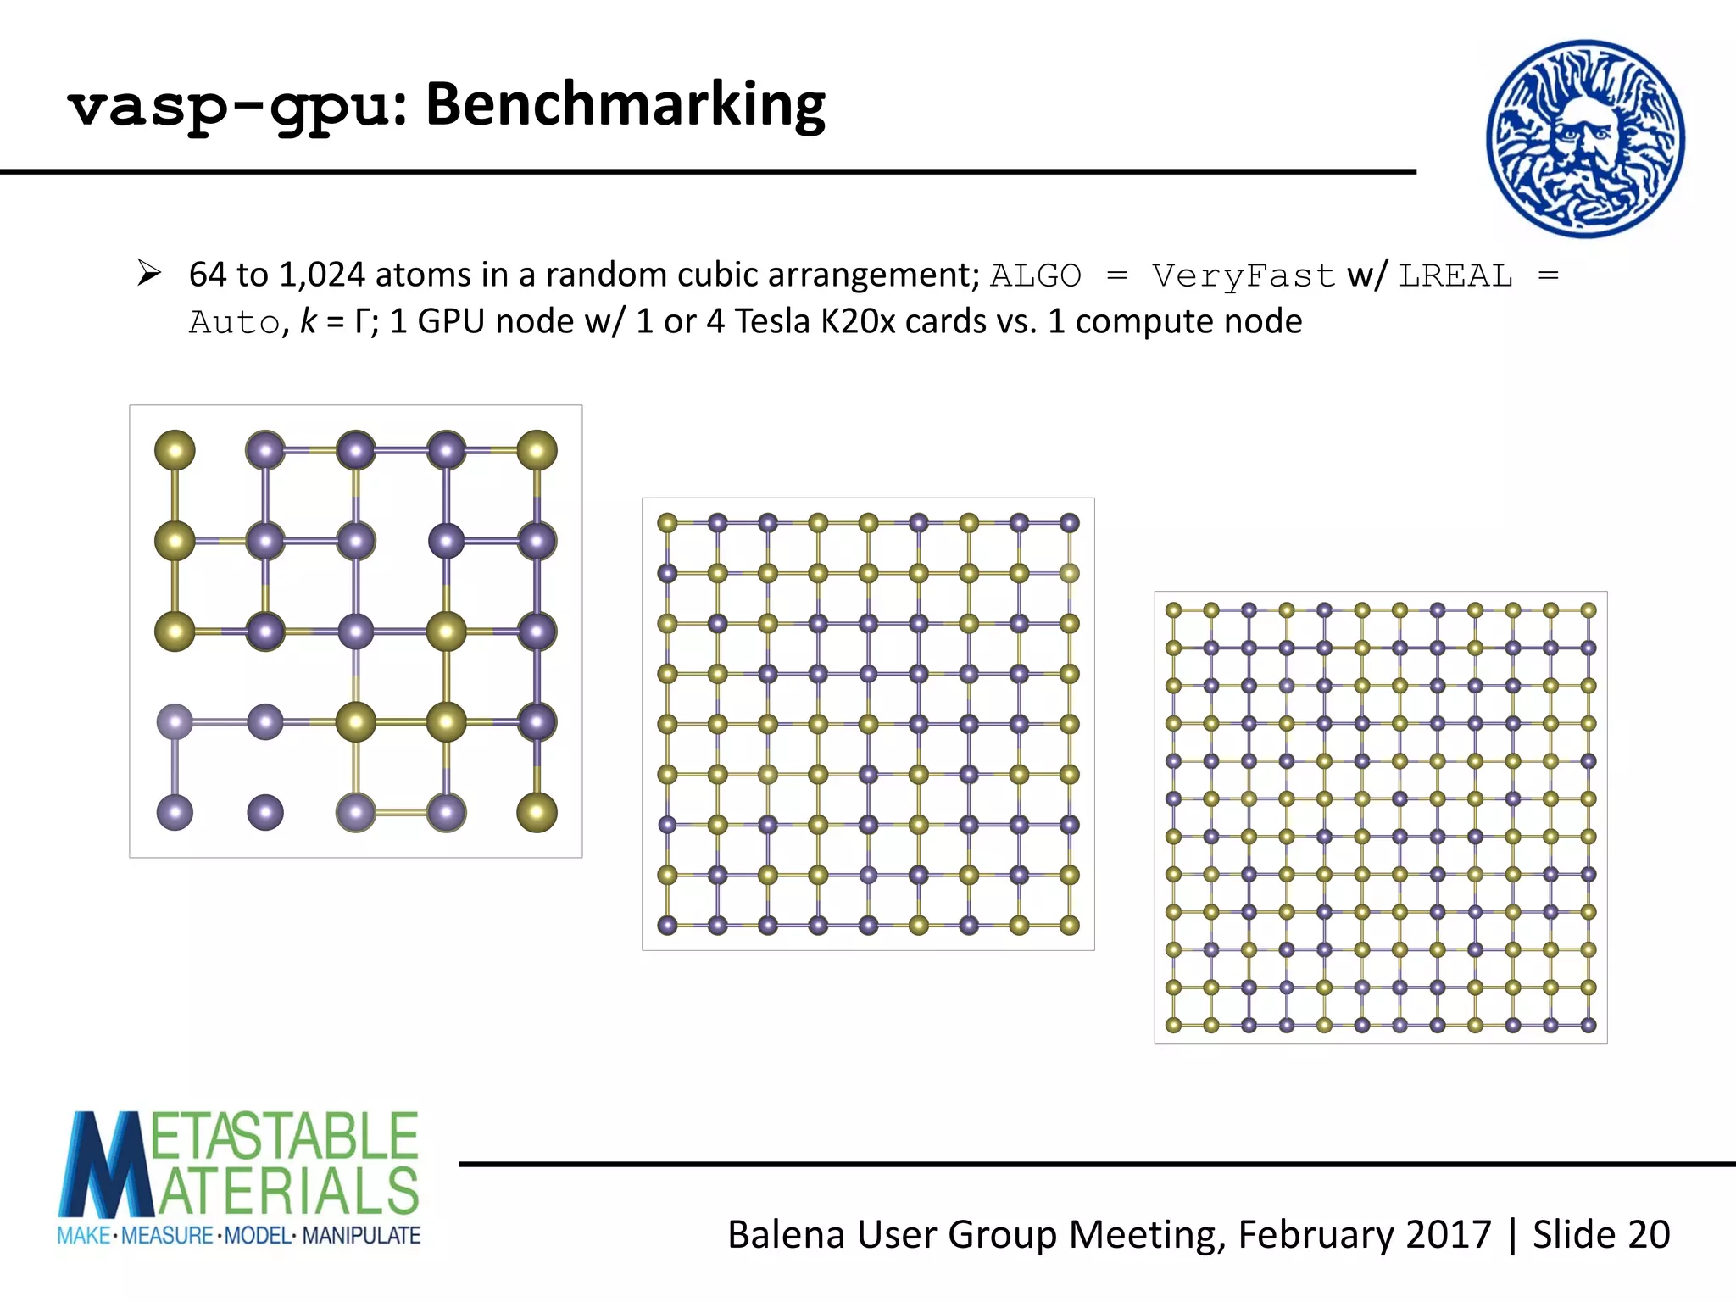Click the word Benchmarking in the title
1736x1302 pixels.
tap(625, 105)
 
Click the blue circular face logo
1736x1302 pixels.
tap(1585, 138)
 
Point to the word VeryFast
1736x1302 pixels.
tap(1243, 276)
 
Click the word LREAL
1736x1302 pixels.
tap(1455, 276)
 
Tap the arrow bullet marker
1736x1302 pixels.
tap(149, 274)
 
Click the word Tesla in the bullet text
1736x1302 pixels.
tap(772, 322)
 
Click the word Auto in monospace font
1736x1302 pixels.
tap(234, 323)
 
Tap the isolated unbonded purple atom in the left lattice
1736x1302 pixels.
tap(265, 812)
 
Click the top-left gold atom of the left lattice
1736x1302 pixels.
tap(175, 450)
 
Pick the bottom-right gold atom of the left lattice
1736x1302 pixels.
tap(537, 812)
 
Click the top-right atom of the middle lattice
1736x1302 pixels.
tap(1070, 523)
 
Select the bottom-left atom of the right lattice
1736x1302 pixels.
tap(1173, 1025)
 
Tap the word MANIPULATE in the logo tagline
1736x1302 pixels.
tap(361, 1236)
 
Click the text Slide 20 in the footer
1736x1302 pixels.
tap(1600, 1234)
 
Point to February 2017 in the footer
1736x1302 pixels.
tap(1364, 1234)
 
